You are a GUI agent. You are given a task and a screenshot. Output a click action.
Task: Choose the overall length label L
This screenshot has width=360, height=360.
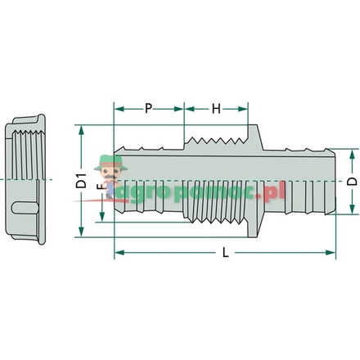pos(224,254)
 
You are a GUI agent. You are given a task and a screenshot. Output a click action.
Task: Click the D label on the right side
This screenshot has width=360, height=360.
pos(351,180)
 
